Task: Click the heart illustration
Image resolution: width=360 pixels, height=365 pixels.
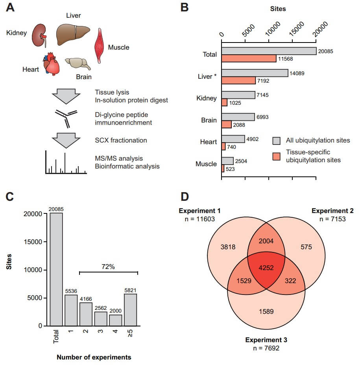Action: pyautogui.click(x=52, y=64)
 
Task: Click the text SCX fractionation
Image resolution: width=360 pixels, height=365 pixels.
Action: pyautogui.click(x=120, y=141)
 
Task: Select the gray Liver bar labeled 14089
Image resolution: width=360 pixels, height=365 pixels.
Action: pyautogui.click(x=255, y=73)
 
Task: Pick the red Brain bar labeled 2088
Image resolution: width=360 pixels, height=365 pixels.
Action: pyautogui.click(x=227, y=124)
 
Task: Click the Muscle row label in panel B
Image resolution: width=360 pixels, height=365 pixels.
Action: pyautogui.click(x=206, y=164)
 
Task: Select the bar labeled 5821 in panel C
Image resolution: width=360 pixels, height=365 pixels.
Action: pyautogui.click(x=131, y=309)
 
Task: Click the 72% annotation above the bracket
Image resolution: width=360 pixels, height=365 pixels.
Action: pyautogui.click(x=108, y=267)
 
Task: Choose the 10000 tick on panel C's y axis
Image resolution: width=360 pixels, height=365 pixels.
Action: pyautogui.click(x=36, y=270)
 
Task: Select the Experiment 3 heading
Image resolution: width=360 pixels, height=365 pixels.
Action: pyautogui.click(x=266, y=339)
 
